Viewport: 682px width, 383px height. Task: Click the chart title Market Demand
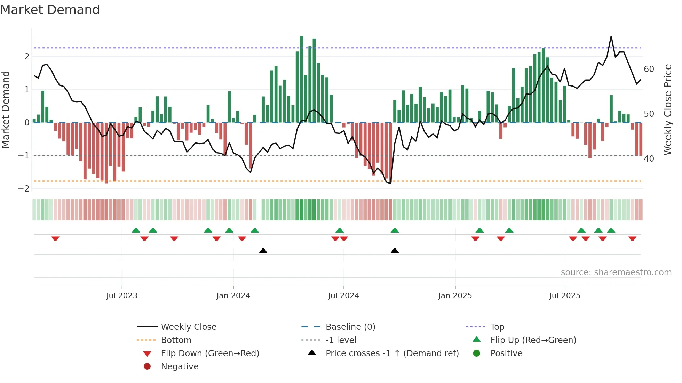50,10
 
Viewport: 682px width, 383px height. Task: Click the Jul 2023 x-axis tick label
122,296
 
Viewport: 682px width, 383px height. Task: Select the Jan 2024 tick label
233,296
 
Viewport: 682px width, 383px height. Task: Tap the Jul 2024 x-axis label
343,296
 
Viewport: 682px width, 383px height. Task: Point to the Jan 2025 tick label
455,296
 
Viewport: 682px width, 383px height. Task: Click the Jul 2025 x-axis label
565,296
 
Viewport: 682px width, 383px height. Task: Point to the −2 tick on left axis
24,189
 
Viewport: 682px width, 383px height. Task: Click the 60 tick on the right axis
649,69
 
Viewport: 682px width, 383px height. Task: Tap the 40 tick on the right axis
649,159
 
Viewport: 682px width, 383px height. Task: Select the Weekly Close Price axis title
667,109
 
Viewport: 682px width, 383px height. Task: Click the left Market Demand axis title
6,109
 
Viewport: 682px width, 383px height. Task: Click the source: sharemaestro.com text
616,272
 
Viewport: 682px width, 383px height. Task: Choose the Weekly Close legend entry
189,327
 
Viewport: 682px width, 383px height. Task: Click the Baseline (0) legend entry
350,327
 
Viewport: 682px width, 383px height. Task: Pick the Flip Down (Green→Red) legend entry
210,353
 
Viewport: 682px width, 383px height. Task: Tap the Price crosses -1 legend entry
392,353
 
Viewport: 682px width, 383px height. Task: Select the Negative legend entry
180,367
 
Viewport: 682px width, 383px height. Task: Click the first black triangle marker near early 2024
263,251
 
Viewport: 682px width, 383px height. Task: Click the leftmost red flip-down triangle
55,238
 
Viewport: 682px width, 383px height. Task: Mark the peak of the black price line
611,36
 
